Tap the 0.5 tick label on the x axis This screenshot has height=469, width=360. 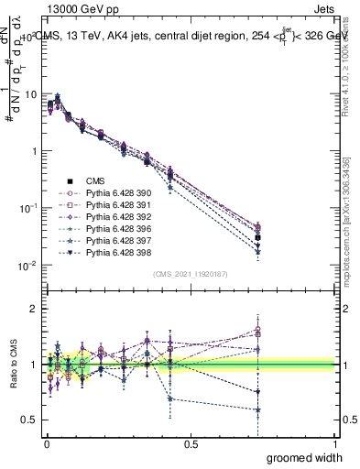click(191, 443)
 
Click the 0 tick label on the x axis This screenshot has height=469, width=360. click(47, 443)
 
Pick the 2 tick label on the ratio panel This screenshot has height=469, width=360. click(33, 309)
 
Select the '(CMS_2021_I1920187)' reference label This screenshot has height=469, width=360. click(191, 274)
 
